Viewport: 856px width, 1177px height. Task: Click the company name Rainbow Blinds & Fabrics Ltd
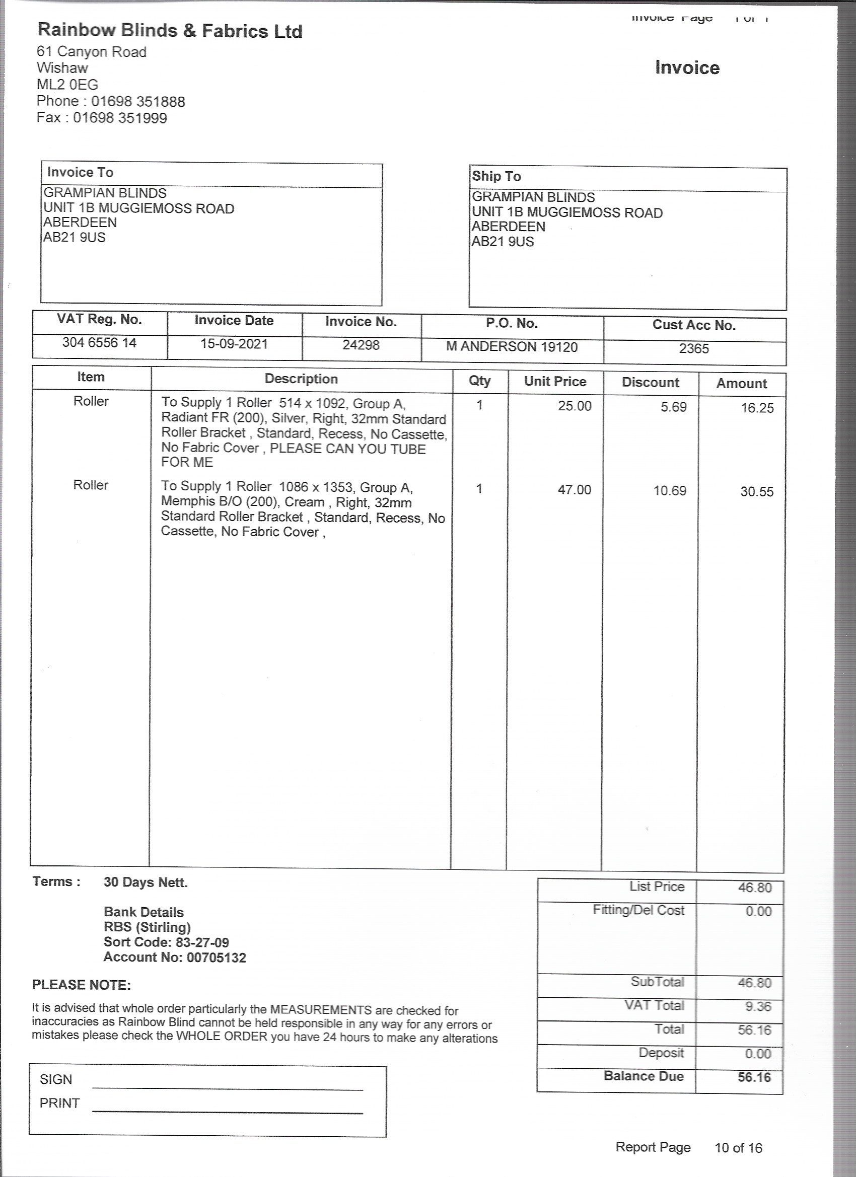(170, 31)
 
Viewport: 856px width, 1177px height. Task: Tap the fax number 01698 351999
(120, 118)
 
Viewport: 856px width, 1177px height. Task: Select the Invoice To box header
(80, 172)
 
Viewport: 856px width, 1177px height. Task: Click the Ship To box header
(496, 176)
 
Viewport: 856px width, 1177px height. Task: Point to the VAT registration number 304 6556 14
(99, 342)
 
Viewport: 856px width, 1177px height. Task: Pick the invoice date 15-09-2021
(234, 344)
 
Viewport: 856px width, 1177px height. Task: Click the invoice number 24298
(361, 345)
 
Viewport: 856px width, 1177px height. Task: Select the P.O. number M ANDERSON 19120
(511, 347)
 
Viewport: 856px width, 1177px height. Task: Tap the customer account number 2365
(693, 349)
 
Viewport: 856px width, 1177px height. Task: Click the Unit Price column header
(555, 382)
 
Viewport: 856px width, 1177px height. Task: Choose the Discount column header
(650, 383)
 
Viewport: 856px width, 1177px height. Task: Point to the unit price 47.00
(574, 490)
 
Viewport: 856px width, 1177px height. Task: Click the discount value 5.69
(673, 407)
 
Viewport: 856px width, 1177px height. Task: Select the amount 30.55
(756, 492)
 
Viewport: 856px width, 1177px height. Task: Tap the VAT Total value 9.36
(758, 1007)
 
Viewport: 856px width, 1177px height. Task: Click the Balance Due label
(643, 1076)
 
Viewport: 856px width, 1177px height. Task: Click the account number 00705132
(216, 958)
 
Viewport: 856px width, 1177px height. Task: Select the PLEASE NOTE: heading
(82, 985)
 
